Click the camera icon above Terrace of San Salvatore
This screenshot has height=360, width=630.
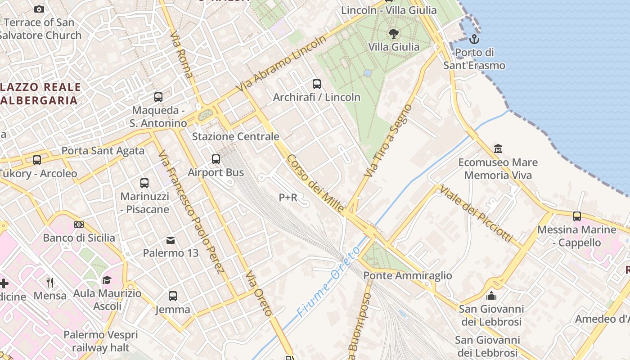pyautogui.click(x=39, y=9)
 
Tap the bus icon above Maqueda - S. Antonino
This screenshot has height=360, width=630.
pyautogui.click(x=158, y=97)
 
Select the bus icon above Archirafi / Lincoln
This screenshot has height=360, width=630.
pyautogui.click(x=316, y=84)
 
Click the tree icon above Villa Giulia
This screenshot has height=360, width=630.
pyautogui.click(x=393, y=33)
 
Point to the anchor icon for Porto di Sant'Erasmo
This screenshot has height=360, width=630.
pyautogui.click(x=474, y=39)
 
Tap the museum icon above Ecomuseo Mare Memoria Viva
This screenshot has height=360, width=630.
pyautogui.click(x=498, y=148)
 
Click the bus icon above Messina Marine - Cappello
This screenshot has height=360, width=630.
pyautogui.click(x=576, y=216)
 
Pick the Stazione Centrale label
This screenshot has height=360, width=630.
pyautogui.click(x=235, y=136)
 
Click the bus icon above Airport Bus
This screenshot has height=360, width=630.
pyautogui.click(x=216, y=159)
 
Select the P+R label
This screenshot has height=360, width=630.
pyautogui.click(x=288, y=197)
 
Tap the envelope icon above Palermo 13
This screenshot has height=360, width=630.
pyautogui.click(x=171, y=240)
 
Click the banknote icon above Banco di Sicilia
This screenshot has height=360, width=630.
pyautogui.click(x=79, y=224)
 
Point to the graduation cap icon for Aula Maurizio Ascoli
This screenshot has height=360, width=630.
pyautogui.click(x=107, y=280)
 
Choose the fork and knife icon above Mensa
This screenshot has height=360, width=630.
pyautogui.click(x=50, y=282)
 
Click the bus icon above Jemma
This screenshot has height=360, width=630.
pyautogui.click(x=172, y=296)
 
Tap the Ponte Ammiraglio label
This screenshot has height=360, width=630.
pyautogui.click(x=407, y=275)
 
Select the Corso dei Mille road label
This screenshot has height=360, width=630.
pyautogui.click(x=315, y=183)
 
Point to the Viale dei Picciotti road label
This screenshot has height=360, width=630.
pyautogui.click(x=476, y=213)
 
